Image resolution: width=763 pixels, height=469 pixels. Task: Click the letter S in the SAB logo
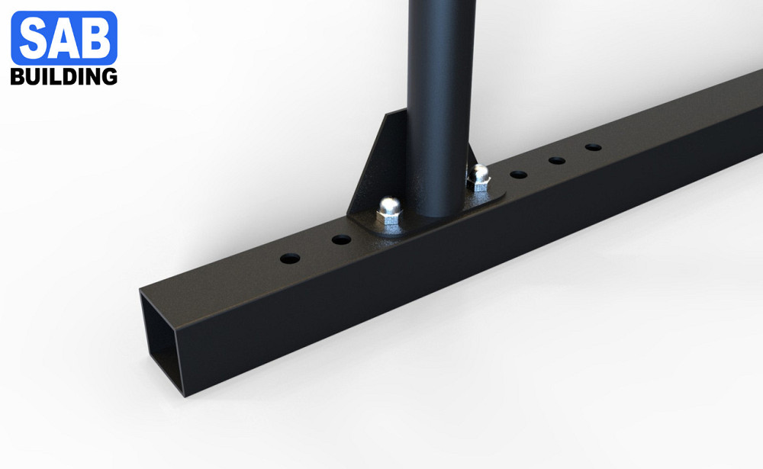34,37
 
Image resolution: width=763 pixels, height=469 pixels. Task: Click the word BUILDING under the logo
64,77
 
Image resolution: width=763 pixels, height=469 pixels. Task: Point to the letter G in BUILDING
109,77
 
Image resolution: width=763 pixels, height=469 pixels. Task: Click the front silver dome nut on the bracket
389,210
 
